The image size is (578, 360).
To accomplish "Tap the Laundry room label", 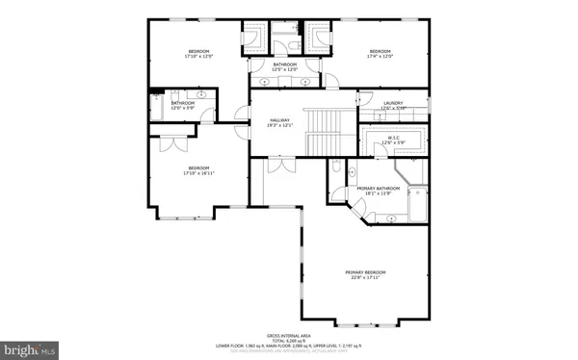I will click(x=392, y=102).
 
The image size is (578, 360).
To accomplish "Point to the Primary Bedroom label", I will click(x=365, y=272).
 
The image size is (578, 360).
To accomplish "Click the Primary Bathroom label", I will click(x=379, y=188).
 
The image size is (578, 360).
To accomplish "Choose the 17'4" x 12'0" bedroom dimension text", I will click(x=380, y=57).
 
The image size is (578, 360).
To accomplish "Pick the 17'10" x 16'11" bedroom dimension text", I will click(x=185, y=174).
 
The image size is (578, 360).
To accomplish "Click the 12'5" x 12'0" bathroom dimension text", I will click(x=284, y=70).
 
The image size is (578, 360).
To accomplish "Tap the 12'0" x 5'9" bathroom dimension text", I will click(x=183, y=108).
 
